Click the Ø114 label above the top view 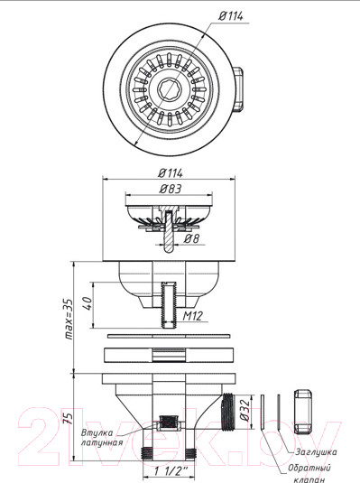pos(231,15)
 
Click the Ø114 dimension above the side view pos(171,173)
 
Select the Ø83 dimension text pos(171,189)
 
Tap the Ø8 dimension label pos(191,238)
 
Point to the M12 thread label pos(193,316)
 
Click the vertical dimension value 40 pos(88,303)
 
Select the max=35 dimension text pos(69,319)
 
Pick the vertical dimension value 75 pos(69,418)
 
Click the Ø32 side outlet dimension pos(245,410)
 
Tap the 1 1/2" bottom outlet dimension pos(171,471)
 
